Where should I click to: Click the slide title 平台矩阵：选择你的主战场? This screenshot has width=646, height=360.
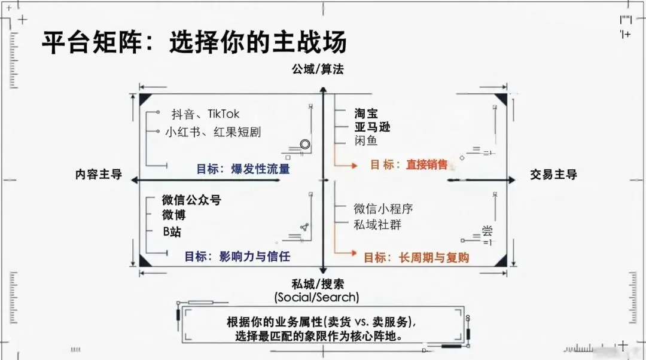click(194, 43)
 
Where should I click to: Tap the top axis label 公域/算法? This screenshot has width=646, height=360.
click(318, 69)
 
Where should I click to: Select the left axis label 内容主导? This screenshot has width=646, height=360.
click(99, 175)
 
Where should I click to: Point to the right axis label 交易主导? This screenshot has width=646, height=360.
click(553, 175)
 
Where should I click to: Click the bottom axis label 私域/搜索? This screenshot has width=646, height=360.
click(318, 284)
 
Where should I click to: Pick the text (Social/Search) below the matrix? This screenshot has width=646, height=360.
click(317, 297)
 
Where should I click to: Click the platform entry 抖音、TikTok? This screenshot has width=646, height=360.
click(205, 114)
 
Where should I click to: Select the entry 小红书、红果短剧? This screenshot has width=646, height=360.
click(213, 132)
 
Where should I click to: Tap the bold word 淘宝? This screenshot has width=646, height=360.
click(365, 114)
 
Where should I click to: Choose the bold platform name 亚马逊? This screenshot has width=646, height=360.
click(371, 127)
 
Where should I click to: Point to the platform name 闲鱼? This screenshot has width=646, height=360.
click(365, 141)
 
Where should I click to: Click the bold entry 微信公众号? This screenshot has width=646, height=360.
click(191, 200)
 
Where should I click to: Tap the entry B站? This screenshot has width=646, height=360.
click(172, 232)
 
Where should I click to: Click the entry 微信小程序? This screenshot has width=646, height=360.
click(383, 209)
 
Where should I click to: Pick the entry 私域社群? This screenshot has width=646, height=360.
click(377, 225)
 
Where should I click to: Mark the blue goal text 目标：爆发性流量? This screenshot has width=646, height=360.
click(243, 169)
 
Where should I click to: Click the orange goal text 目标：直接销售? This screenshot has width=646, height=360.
click(409, 164)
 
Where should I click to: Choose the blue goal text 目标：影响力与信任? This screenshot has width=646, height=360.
click(237, 257)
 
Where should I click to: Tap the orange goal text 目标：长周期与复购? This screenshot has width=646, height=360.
click(416, 258)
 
